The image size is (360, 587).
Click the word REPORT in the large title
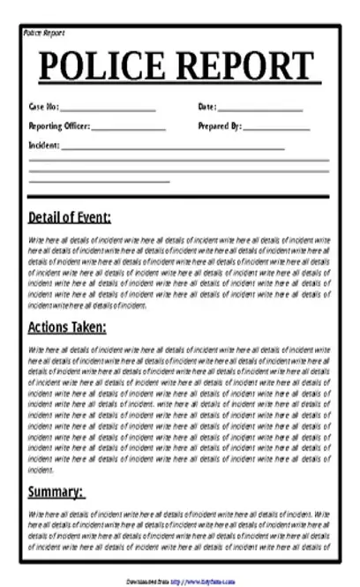[x=247, y=67]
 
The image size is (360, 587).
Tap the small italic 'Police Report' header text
[x=43, y=33]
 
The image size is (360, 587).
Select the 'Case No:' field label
[x=43, y=108]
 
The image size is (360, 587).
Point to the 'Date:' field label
[x=207, y=108]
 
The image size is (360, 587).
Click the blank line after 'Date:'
[x=260, y=109]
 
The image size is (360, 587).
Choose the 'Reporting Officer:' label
[x=58, y=126]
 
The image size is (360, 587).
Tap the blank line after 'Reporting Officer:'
[x=128, y=128]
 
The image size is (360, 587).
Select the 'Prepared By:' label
[x=219, y=126]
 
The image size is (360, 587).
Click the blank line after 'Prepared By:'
[x=276, y=128]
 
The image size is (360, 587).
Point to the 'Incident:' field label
[x=44, y=144]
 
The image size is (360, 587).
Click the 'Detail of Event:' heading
[x=70, y=218]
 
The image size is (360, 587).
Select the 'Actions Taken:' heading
[x=67, y=327]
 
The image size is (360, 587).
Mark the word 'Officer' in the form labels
[x=73, y=126]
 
